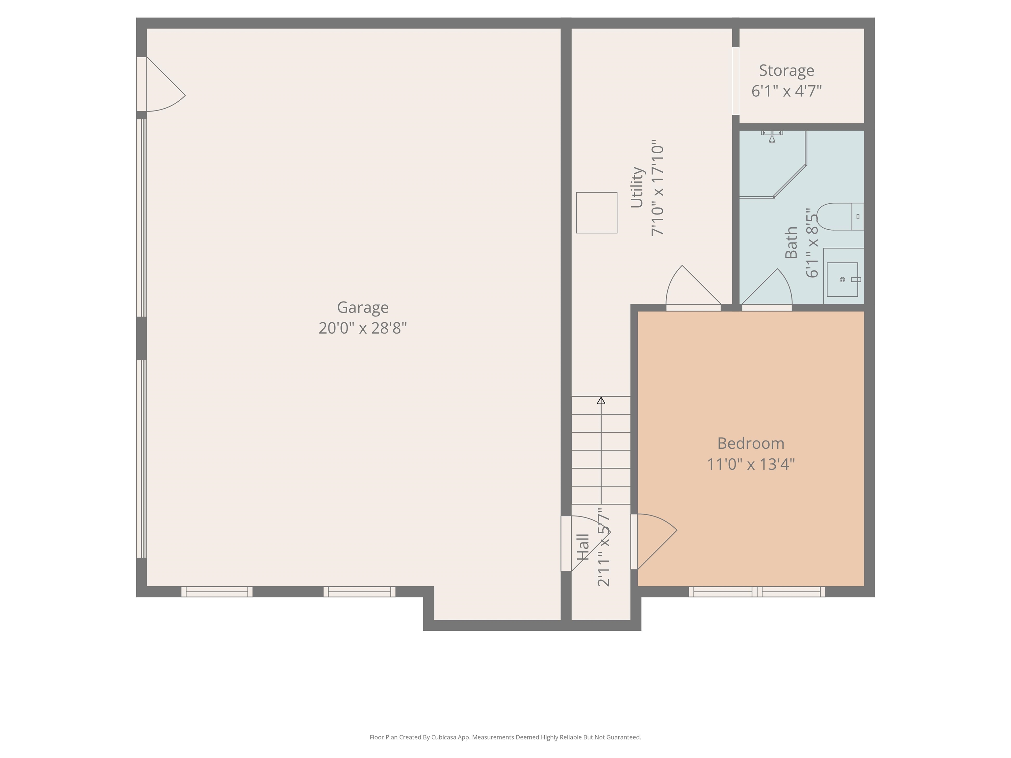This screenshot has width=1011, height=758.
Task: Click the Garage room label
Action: pyautogui.click(x=363, y=308)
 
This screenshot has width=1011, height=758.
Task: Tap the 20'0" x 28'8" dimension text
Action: pyautogui.click(x=363, y=328)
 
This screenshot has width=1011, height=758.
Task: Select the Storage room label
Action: pyautogui.click(x=787, y=71)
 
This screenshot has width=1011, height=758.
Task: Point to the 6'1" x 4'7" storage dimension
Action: pyautogui.click(x=787, y=91)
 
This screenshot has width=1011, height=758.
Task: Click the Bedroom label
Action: pyautogui.click(x=751, y=443)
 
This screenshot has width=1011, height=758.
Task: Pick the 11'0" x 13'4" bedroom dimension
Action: pyautogui.click(x=751, y=464)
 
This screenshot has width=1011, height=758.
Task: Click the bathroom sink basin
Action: pyautogui.click(x=842, y=279)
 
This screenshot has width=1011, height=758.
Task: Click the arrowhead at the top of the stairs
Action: pyautogui.click(x=601, y=400)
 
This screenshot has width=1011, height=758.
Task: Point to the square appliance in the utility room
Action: pyautogui.click(x=596, y=213)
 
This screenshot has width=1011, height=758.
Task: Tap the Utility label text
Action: pyautogui.click(x=637, y=187)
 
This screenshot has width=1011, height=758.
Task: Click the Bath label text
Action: pyautogui.click(x=791, y=242)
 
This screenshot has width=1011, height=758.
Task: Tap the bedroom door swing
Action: pyautogui.click(x=657, y=542)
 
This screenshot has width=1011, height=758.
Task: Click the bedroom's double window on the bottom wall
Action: pyautogui.click(x=757, y=592)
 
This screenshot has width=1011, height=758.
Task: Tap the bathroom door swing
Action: pyautogui.click(x=767, y=287)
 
